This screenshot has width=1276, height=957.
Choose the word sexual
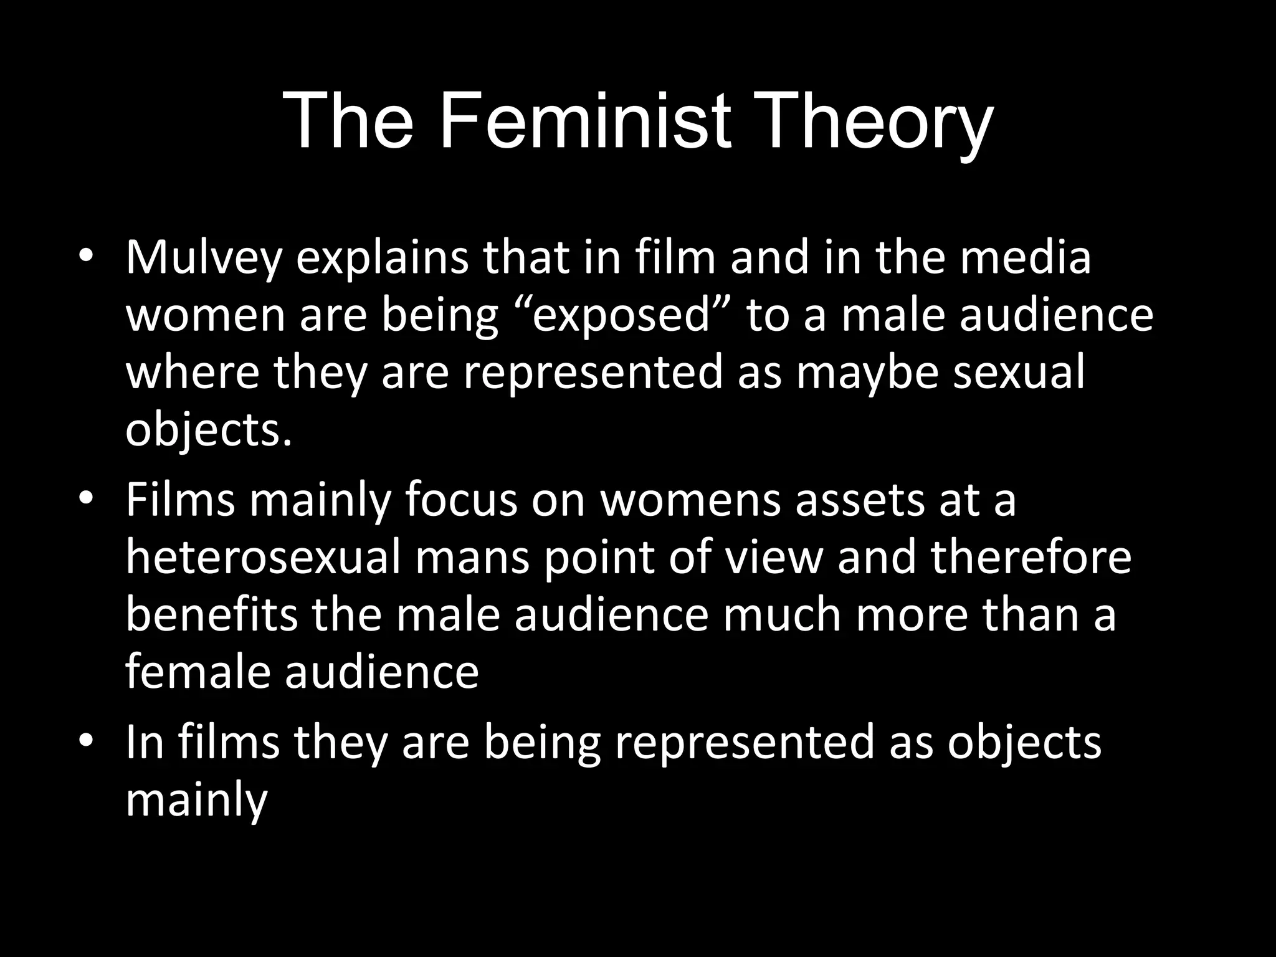click(1019, 373)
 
